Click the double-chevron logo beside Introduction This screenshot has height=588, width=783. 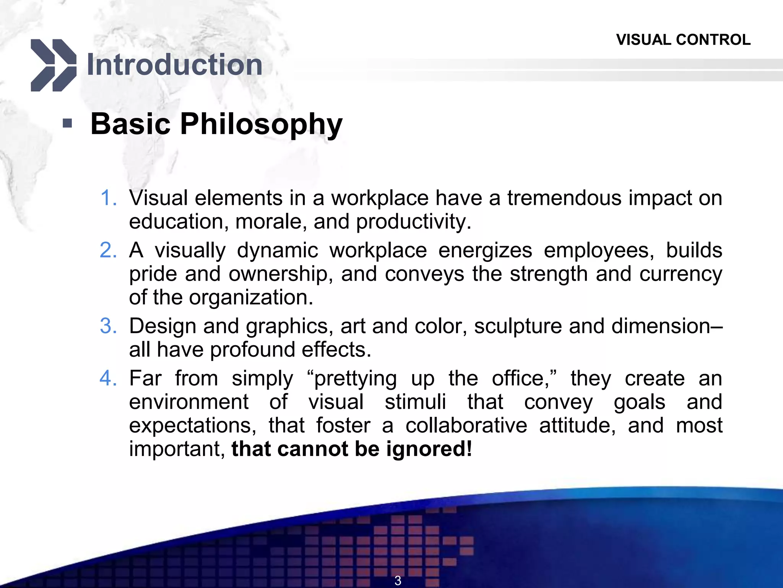pyautogui.click(x=54, y=65)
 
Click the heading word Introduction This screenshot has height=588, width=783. pyautogui.click(x=175, y=64)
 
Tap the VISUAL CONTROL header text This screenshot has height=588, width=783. pyautogui.click(x=683, y=40)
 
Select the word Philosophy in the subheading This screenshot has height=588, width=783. pyautogui.click(x=261, y=124)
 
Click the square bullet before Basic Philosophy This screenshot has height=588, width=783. pyautogui.click(x=67, y=123)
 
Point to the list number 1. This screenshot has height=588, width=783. pyautogui.click(x=108, y=198)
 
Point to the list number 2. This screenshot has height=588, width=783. pyautogui.click(x=108, y=250)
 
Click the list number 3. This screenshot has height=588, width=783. pyautogui.click(x=108, y=326)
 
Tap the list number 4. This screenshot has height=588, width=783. pyautogui.click(x=108, y=379)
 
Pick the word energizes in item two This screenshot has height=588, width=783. pyautogui.click(x=485, y=250)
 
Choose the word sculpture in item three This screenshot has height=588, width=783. pyautogui.click(x=518, y=326)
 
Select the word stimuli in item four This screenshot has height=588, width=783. pyautogui.click(x=415, y=402)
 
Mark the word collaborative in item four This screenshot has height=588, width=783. pyautogui.click(x=466, y=425)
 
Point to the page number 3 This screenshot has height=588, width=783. pyautogui.click(x=398, y=580)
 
